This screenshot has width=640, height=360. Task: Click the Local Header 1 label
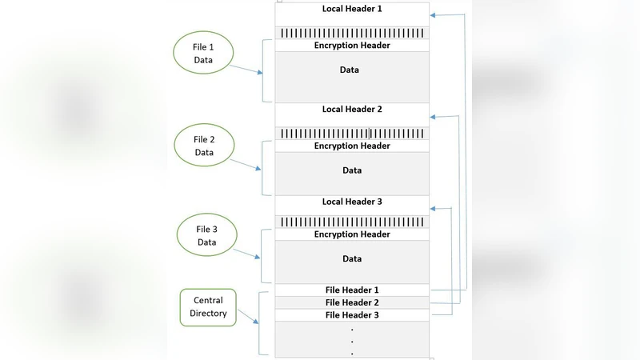coord(352,8)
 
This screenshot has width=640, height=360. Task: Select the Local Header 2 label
coord(352,109)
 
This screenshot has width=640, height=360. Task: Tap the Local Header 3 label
coord(352,202)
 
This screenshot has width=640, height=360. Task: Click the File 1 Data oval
coord(203,54)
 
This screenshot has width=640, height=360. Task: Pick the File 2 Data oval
coord(203,146)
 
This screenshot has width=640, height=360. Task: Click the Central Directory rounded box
coord(208,308)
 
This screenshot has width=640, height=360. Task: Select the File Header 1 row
coord(352,290)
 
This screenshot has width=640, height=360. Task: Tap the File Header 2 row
coord(352,302)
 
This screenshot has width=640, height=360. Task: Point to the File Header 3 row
coord(352,315)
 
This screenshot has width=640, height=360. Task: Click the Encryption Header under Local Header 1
coord(352,46)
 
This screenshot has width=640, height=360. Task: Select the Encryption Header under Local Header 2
coord(352,146)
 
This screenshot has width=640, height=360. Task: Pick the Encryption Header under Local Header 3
coord(352,234)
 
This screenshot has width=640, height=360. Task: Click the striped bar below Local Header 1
coord(352,33)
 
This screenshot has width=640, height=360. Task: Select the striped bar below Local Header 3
coord(352,222)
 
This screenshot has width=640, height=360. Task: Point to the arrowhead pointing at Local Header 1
coord(434,14)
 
